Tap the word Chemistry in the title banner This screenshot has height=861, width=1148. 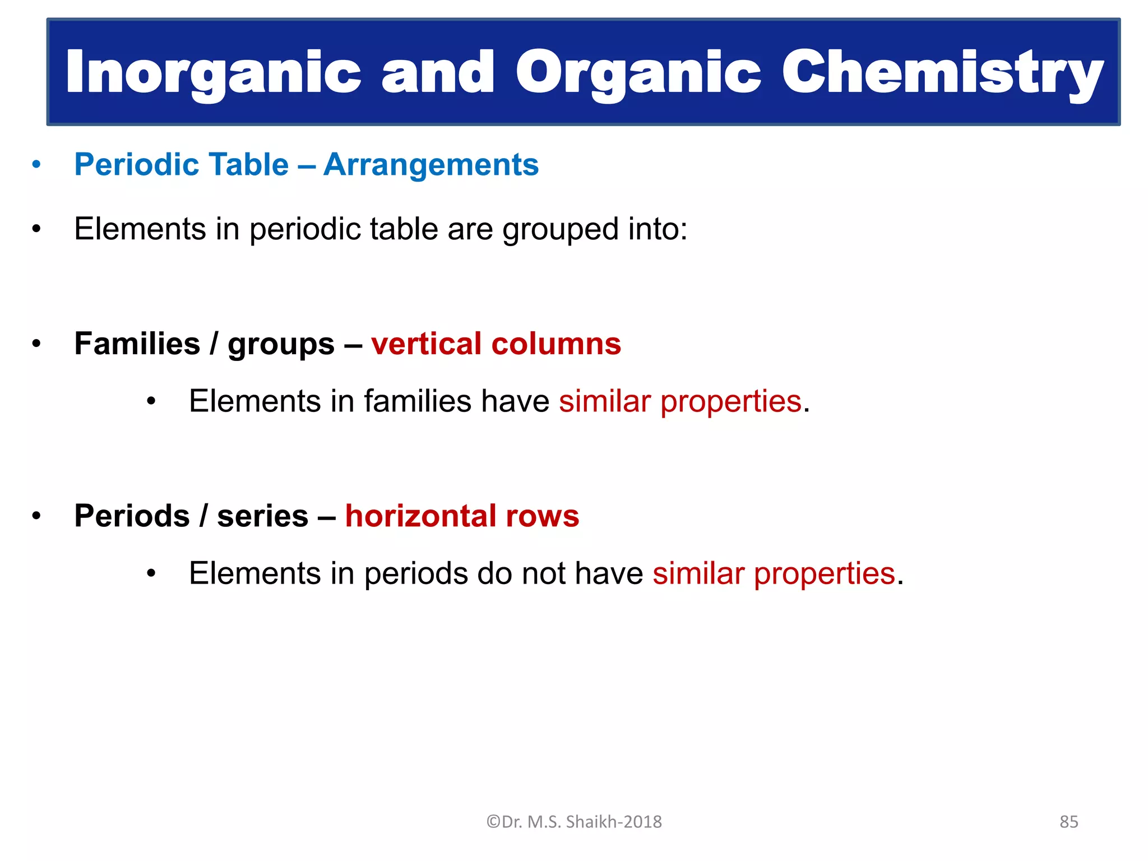point(942,73)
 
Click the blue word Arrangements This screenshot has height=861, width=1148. point(430,165)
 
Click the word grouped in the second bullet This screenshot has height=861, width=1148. point(560,230)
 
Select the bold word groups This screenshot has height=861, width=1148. point(281,345)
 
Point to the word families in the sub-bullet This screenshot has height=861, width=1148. point(417,401)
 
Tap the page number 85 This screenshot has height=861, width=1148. point(1068,822)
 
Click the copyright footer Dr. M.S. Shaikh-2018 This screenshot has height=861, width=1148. point(574,822)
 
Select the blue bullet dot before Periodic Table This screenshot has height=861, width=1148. point(36,165)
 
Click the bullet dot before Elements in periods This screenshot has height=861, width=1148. point(150,574)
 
